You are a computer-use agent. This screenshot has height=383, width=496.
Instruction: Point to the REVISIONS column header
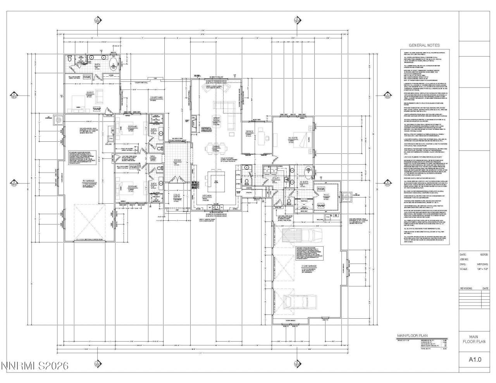(466, 289)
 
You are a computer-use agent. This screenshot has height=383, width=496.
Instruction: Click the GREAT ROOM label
(217, 119)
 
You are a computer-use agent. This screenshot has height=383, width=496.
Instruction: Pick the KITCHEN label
(207, 196)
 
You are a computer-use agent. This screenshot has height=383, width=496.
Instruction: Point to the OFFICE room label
(250, 132)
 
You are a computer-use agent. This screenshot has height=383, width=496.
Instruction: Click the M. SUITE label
(293, 138)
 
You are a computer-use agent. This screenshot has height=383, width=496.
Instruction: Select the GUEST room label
(90, 93)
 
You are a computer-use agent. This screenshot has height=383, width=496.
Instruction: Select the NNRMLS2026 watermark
(35, 366)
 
